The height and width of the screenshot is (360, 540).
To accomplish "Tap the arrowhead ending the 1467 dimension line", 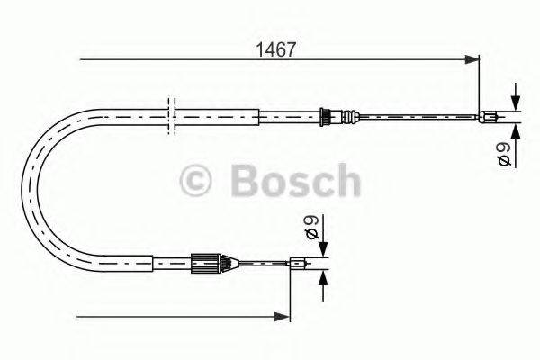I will click(x=472, y=60).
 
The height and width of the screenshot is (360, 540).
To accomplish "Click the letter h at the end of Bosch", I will click(x=346, y=180).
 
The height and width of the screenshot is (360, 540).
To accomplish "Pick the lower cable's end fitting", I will click(x=300, y=264).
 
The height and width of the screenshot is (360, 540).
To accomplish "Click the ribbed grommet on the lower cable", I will click(x=205, y=264).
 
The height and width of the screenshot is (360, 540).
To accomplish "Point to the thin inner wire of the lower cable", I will click(x=261, y=264).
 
